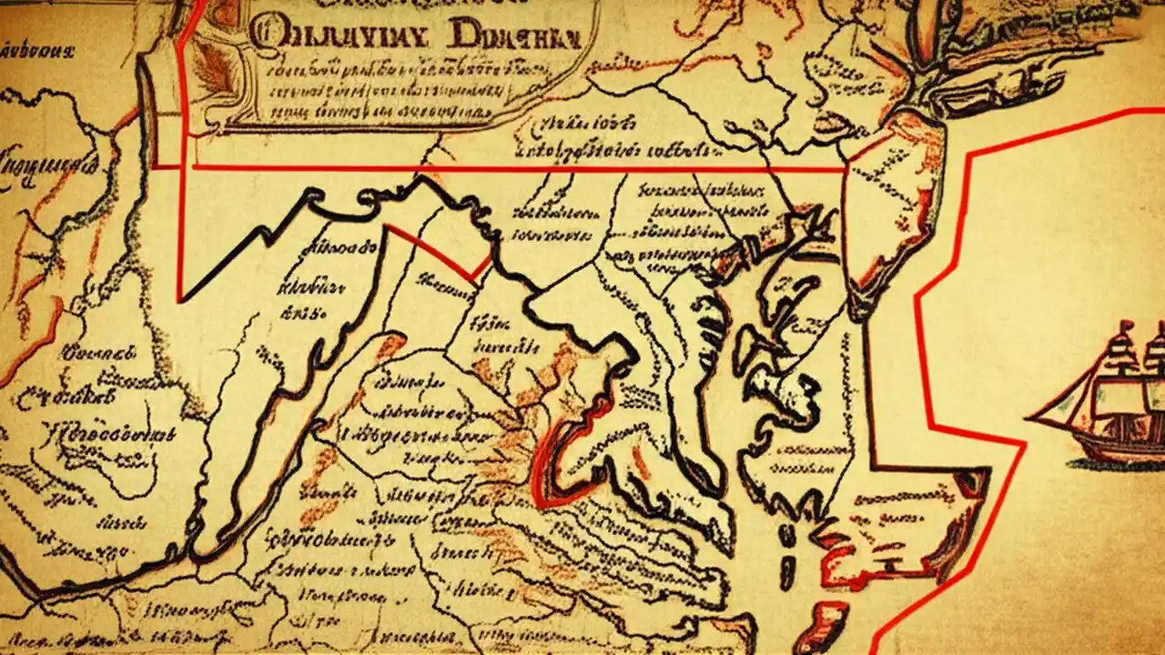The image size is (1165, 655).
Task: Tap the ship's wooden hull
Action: (x=1115, y=441)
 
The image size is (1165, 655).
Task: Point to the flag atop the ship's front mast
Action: (x=1126, y=327)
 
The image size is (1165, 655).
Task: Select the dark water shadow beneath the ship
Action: (x=1119, y=465)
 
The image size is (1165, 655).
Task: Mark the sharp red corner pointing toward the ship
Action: (x=1024, y=445)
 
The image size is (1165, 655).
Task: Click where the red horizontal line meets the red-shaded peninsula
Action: (x=848, y=169)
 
